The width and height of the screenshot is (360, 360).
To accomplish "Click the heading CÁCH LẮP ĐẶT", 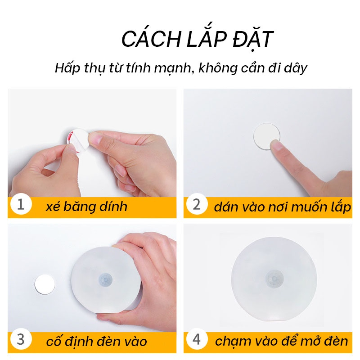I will [197, 40].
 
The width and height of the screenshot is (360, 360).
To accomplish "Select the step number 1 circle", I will [21, 204].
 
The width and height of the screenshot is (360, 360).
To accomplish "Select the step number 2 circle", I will [197, 204].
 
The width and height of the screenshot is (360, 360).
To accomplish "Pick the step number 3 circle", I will [21, 340].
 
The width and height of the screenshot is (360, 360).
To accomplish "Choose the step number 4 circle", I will [197, 340].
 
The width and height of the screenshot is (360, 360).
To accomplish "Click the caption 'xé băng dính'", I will [86, 207].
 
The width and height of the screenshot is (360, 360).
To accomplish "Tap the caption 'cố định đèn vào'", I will [96, 341].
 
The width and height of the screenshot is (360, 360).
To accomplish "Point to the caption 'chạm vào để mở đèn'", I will [281, 341].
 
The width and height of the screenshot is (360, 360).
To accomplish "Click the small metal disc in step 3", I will [46, 284].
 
